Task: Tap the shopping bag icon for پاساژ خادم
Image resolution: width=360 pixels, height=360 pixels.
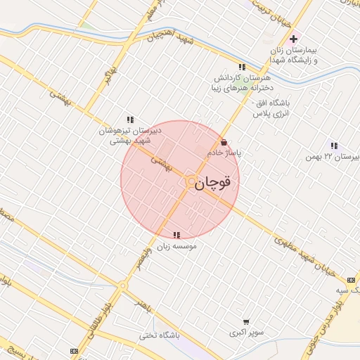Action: tap(224, 142)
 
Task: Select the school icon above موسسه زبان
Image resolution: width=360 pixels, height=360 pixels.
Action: tap(176, 235)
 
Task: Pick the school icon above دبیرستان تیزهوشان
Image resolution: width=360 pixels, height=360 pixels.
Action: tap(129, 119)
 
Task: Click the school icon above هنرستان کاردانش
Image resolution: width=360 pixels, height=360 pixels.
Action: tap(242, 67)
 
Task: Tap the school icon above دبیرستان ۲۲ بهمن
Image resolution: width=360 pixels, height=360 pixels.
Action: tap(333, 146)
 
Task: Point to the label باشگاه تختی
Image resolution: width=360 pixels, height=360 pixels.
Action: tap(159, 335)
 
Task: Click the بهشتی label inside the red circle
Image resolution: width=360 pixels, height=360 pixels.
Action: tap(161, 164)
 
